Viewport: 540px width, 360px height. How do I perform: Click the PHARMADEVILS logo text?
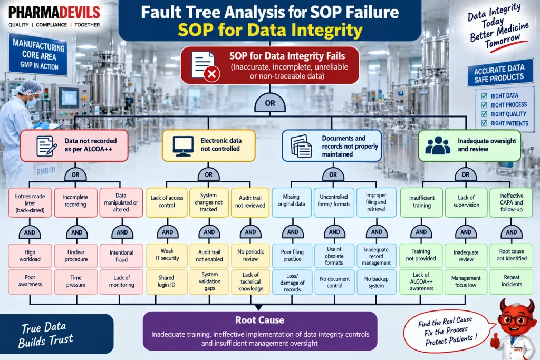[x=54, y=13]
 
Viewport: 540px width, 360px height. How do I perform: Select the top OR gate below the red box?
[x=270, y=103]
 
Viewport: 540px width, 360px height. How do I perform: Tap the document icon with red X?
[x=206, y=66]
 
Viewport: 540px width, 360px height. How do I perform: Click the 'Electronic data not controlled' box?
[x=209, y=145]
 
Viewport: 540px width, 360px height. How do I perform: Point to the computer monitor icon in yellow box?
[x=183, y=146]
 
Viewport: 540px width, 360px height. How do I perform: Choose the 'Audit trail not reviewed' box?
[x=250, y=202]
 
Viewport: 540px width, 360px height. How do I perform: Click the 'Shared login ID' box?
[x=167, y=281]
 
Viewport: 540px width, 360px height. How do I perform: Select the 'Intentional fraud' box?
[x=121, y=256]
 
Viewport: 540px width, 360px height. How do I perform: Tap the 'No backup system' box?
[x=376, y=282]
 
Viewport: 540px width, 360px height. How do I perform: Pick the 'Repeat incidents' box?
[x=512, y=281]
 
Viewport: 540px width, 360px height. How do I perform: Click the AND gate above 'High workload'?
[x=30, y=232]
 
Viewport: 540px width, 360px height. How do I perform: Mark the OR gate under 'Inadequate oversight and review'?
[x=465, y=174]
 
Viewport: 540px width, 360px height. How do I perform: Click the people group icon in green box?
[x=438, y=145]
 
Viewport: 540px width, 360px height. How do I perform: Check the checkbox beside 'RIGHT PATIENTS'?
[x=484, y=123]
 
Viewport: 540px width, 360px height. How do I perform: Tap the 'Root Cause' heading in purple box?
[x=259, y=320]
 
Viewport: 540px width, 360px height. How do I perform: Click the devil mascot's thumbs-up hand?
[x=495, y=340]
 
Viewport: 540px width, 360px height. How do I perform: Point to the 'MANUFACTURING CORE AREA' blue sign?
[x=38, y=55]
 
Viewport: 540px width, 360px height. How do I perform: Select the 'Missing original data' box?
[x=291, y=202]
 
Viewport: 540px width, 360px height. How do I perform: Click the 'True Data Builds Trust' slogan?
[x=45, y=335]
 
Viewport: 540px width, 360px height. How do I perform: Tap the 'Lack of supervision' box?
[x=466, y=202]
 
